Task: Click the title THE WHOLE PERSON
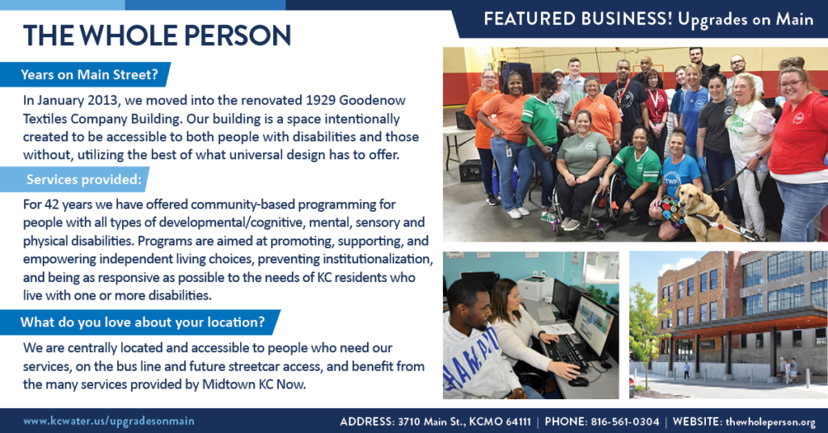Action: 157,36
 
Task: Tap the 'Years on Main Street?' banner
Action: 85,74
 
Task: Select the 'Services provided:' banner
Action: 74,179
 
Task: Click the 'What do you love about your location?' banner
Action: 140,322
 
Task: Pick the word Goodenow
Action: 372,100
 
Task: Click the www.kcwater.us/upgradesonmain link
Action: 109,422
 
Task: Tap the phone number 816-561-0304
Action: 625,422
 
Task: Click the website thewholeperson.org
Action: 771,422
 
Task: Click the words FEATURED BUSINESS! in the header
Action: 578,19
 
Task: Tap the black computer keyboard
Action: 569,352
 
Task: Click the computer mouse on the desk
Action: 578,381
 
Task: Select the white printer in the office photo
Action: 535,288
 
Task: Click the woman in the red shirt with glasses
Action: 798,148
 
